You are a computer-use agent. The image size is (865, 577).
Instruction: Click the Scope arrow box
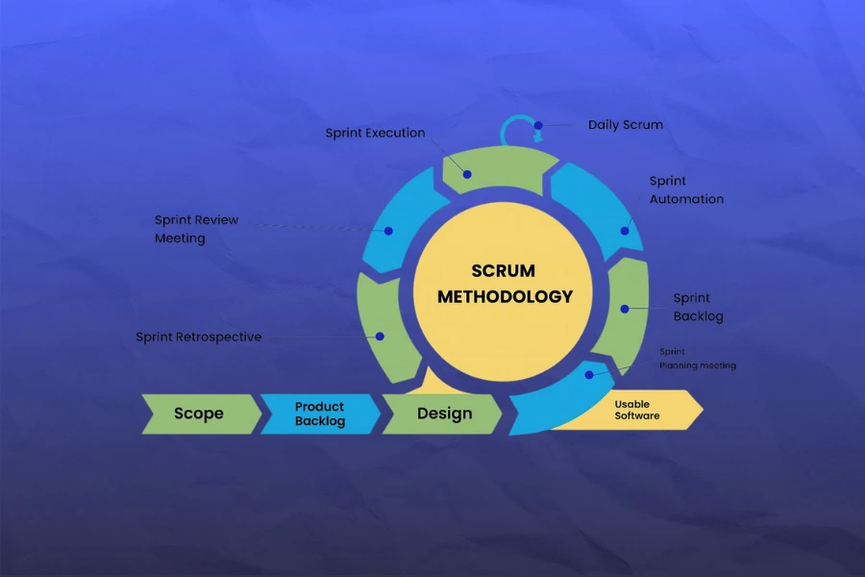coord(199,414)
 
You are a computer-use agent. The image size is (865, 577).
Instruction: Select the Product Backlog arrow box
coord(319,414)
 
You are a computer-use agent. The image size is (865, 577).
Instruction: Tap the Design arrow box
coord(444,414)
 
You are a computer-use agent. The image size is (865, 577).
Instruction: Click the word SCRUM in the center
coord(503,271)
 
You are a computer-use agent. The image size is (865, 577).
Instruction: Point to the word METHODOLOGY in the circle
coord(505,296)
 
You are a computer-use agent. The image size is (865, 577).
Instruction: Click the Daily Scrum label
coord(625,125)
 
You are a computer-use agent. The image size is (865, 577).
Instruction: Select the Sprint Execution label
coord(375,133)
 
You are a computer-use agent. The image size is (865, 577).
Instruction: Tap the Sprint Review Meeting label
coord(196,229)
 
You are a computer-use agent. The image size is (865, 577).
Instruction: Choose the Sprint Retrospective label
coord(198,337)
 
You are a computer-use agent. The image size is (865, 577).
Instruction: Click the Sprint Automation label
coord(686,189)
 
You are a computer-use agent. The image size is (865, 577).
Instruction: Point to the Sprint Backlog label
coord(698,307)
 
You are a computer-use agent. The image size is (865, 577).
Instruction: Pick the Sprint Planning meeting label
coord(697,359)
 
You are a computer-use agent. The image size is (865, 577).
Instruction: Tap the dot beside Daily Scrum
coord(538,125)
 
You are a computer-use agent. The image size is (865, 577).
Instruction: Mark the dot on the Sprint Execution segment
coord(467,174)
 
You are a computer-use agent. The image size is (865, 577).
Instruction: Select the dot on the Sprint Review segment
coord(389,230)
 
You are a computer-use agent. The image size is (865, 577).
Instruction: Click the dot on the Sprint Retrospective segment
coord(381,336)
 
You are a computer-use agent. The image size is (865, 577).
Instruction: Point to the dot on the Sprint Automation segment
coord(626,230)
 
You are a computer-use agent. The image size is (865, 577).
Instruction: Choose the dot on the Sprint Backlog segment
coord(624,309)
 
